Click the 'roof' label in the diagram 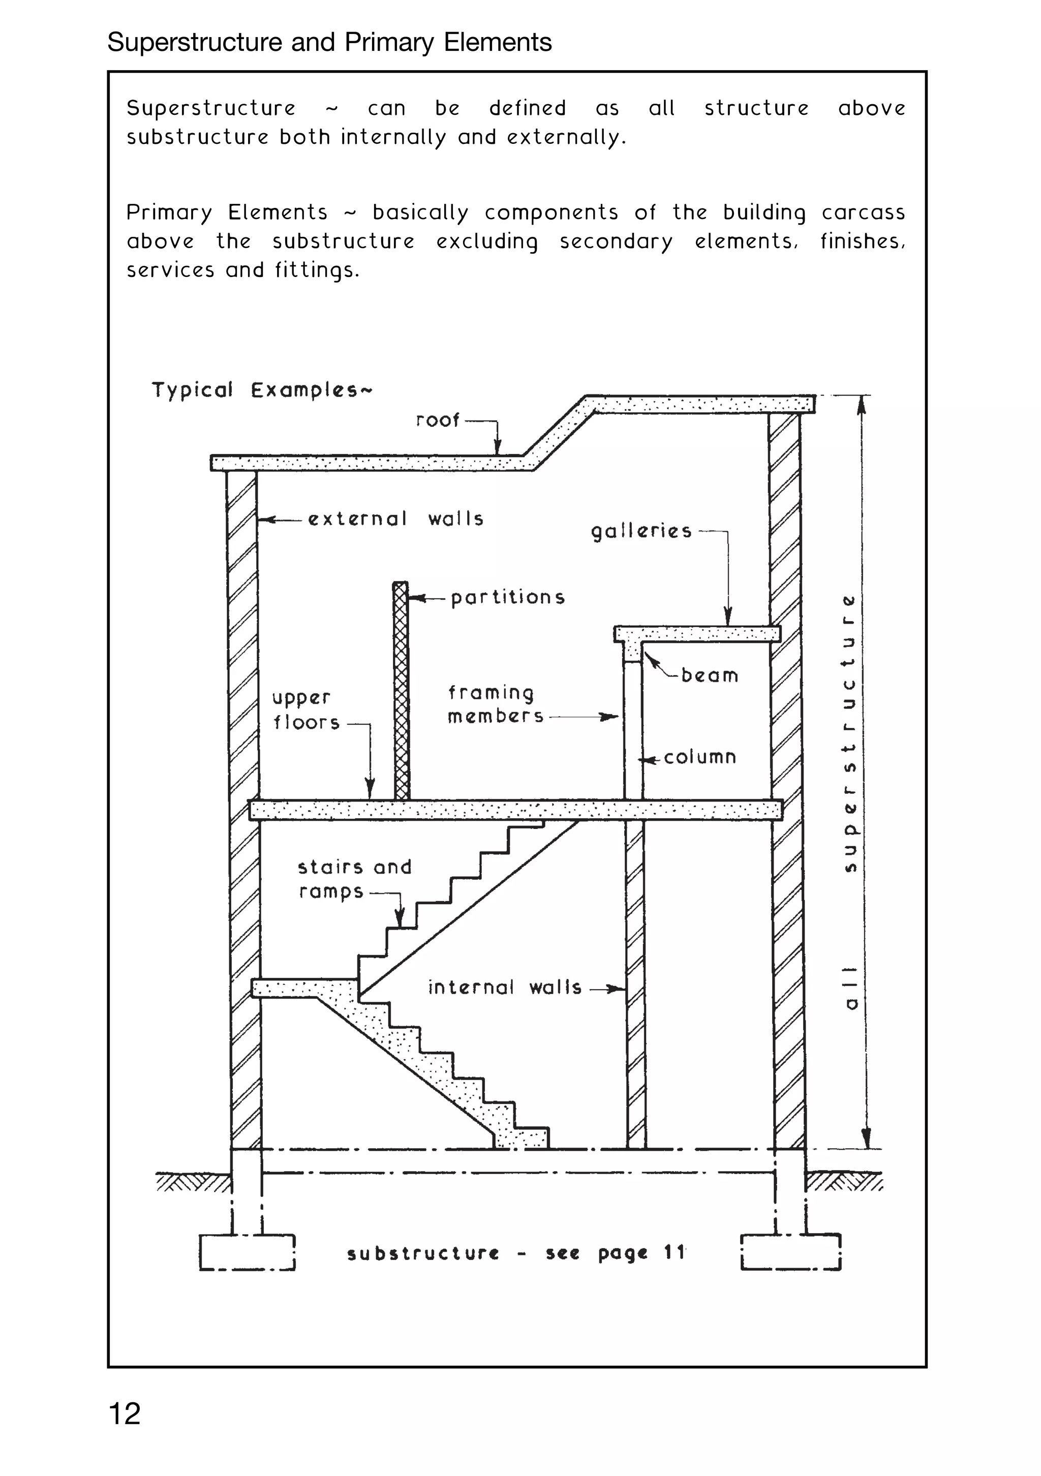coord(437,420)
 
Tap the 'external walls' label coord(395,519)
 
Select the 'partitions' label coord(507,597)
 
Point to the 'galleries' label coord(641,531)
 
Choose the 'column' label coord(699,757)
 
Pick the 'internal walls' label coord(505,988)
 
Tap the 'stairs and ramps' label coord(354,879)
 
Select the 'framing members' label coord(494,704)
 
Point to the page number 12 coord(125,1413)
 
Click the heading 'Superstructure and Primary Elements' coord(329,42)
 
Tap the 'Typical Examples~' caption coord(261,390)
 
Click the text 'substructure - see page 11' coord(516,1252)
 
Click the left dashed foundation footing coord(247,1252)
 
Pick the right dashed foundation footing coord(791,1252)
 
